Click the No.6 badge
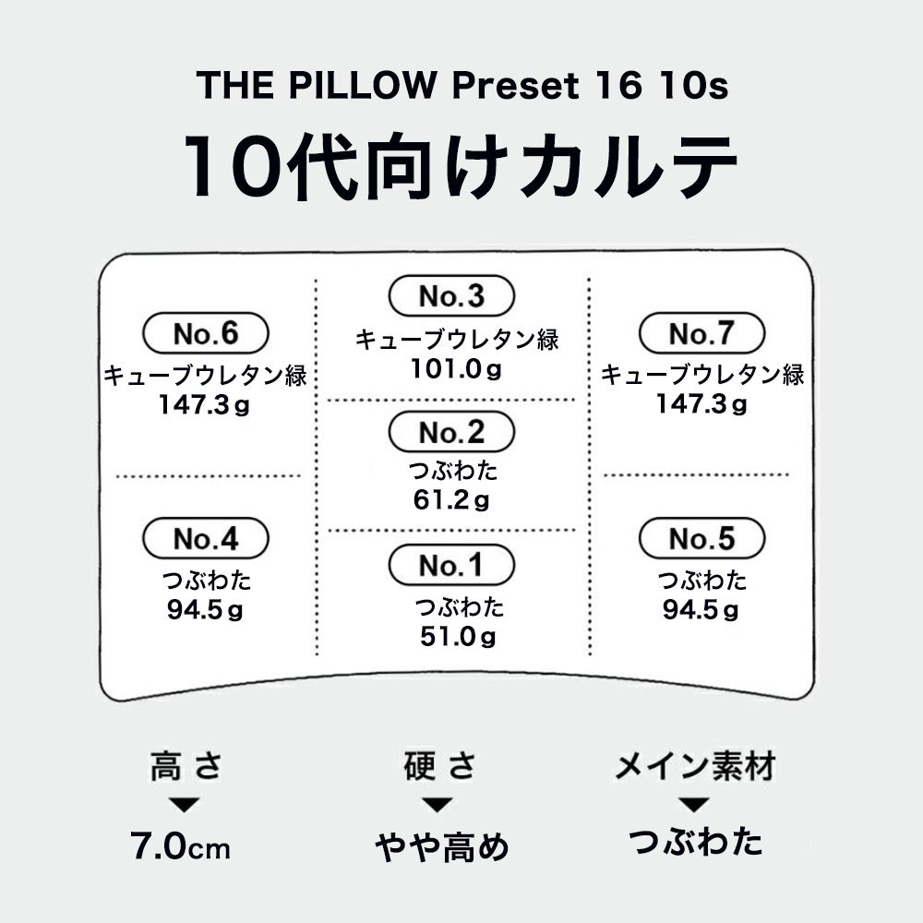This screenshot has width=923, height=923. point(205,333)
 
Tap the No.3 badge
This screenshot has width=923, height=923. point(450,296)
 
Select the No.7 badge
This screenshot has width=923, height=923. point(701,333)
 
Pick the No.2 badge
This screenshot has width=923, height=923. point(450,432)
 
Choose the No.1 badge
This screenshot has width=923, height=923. point(450,566)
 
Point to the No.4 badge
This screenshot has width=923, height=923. point(205,538)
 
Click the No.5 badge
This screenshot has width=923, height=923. point(701,538)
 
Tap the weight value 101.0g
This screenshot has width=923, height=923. point(457,369)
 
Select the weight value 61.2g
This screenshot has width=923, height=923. point(451,501)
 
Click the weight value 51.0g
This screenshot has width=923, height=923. point(457,636)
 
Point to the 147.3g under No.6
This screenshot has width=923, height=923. point(204,404)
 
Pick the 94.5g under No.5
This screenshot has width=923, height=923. point(701,610)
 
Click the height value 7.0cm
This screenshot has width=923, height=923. point(180,845)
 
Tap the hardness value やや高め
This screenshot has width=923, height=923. point(441,845)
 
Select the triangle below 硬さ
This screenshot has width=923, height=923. point(437,805)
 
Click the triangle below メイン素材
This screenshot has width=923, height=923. point(697,805)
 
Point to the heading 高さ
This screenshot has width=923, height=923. point(186,766)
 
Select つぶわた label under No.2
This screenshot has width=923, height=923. point(453,471)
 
